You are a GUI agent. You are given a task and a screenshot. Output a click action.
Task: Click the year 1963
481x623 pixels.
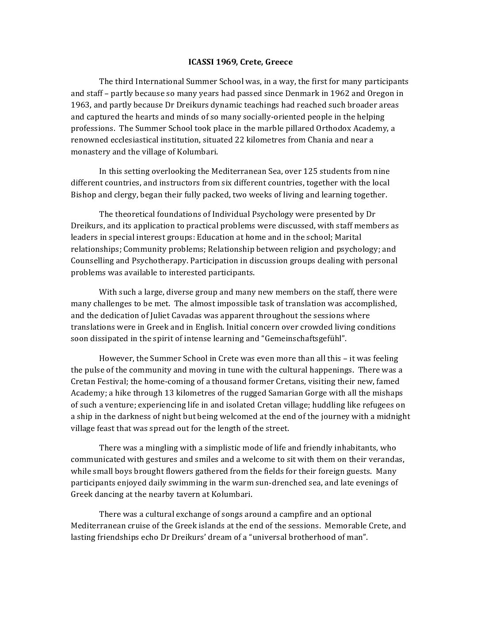(80, 105)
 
